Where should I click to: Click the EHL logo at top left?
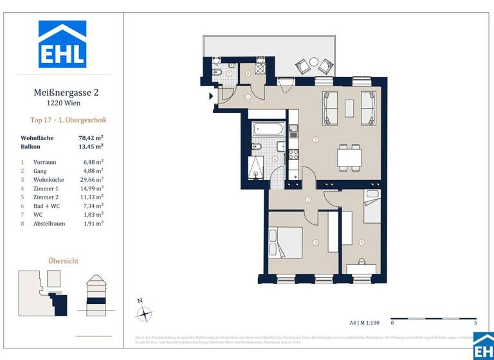pyautogui.click(x=62, y=44)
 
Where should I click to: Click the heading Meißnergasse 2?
pyautogui.click(x=66, y=93)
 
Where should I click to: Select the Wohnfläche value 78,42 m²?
pyautogui.click(x=91, y=138)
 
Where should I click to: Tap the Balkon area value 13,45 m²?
pyautogui.click(x=91, y=147)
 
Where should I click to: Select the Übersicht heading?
pyautogui.click(x=64, y=260)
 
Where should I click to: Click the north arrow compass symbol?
pyautogui.click(x=145, y=314)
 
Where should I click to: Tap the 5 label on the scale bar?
pyautogui.click(x=475, y=323)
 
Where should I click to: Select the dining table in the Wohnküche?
pyautogui.click(x=349, y=157)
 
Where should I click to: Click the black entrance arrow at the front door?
pyautogui.click(x=211, y=97)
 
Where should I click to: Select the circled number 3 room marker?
pyautogui.click(x=315, y=139)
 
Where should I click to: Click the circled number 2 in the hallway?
pyautogui.click(x=308, y=200)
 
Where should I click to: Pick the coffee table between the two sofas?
pyautogui.click(x=349, y=108)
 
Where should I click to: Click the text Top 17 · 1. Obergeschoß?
pyautogui.click(x=68, y=120)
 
